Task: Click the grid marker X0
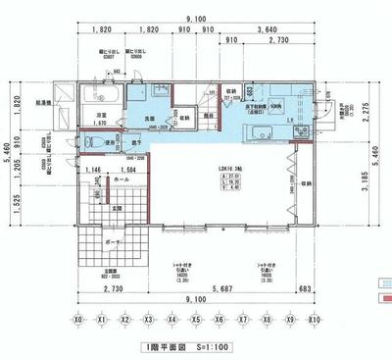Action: (x=77, y=320)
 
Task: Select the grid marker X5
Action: (x=196, y=320)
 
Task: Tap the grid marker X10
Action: (x=315, y=320)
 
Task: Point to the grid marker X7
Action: (x=243, y=320)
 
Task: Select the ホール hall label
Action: (x=122, y=180)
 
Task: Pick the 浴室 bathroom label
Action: (x=100, y=116)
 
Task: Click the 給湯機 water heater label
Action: (x=45, y=101)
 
